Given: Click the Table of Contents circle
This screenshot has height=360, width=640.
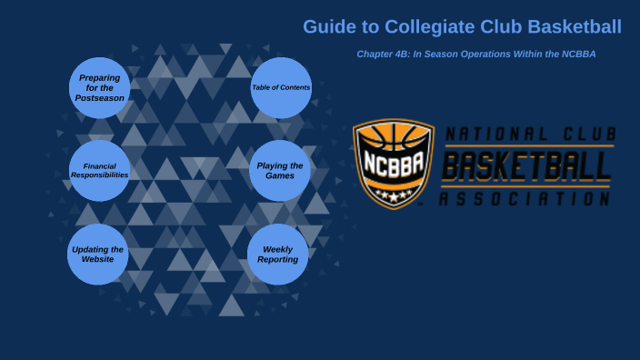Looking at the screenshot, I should (281, 88).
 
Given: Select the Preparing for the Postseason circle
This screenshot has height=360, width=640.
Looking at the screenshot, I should (99, 88).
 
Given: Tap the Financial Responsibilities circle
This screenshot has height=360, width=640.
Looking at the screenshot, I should (99, 170).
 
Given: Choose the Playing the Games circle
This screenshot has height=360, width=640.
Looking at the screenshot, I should (280, 170).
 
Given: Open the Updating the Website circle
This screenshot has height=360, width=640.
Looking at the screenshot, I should (98, 254).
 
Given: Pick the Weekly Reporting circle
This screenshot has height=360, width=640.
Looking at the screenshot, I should (277, 254).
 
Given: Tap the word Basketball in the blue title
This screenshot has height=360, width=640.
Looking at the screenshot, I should (575, 27).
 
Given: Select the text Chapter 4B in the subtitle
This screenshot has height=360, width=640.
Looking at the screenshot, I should (381, 55).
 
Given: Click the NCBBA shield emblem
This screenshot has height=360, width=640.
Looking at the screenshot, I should (393, 164).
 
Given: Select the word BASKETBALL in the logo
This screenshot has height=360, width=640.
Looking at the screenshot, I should (526, 167).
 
